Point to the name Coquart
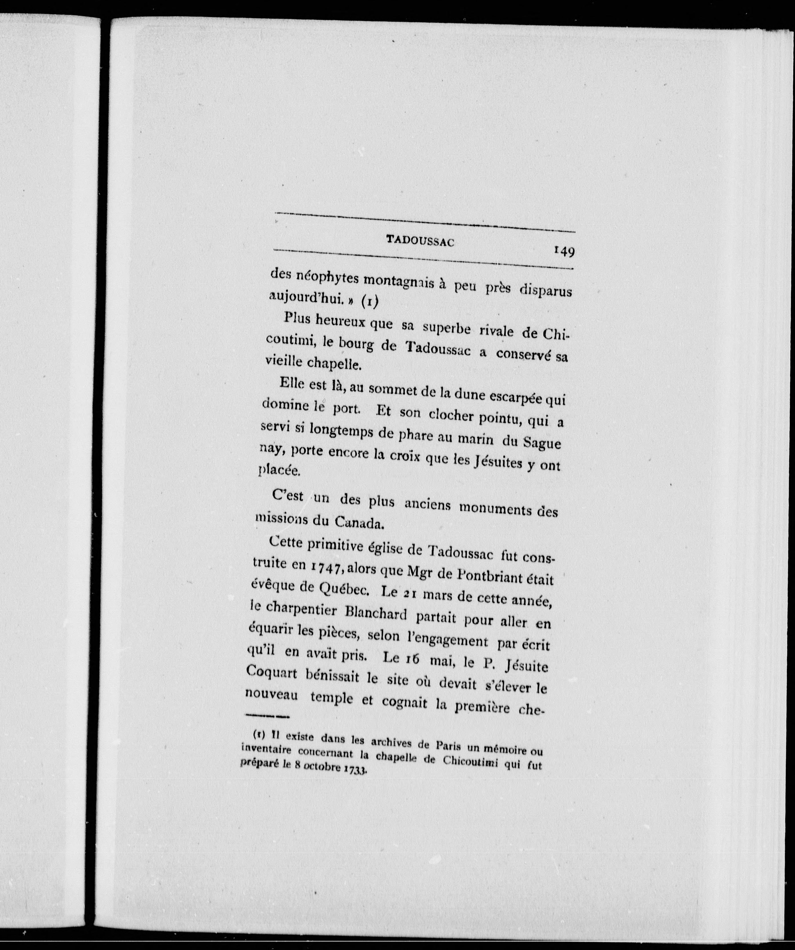[273, 672]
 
